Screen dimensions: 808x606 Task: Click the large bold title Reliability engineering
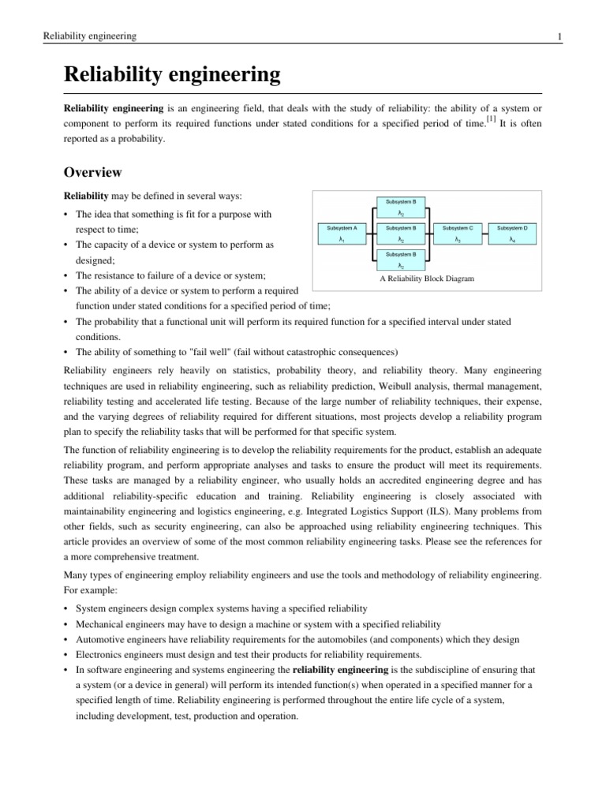[x=172, y=76]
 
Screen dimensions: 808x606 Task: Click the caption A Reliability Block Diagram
[x=427, y=279]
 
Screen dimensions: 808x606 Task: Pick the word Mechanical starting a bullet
[x=102, y=623]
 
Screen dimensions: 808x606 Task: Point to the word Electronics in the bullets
[x=101, y=654]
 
